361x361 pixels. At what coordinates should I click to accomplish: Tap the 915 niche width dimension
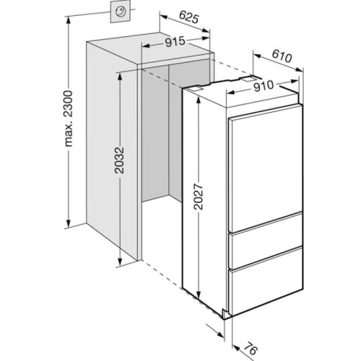tap(175, 42)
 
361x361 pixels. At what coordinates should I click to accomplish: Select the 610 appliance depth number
tap(282, 57)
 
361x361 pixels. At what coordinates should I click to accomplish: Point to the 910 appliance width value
tap(264, 87)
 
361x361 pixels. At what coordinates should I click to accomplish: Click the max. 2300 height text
tap(69, 118)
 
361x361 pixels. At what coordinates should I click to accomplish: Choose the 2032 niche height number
tap(119, 160)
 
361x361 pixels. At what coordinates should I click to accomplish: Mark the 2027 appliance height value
tap(199, 197)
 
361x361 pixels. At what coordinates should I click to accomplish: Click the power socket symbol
tap(121, 12)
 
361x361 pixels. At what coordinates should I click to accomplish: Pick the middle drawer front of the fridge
tap(266, 250)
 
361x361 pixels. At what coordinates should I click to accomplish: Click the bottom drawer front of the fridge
tap(266, 291)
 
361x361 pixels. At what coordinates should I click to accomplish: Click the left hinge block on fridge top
tap(193, 89)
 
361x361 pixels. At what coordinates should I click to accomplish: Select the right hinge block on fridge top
tap(248, 79)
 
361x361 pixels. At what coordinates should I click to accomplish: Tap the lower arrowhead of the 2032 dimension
tap(119, 262)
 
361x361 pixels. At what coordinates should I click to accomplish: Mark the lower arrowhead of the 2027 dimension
tap(199, 294)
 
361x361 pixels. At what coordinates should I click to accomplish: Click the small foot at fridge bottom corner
tap(225, 314)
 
